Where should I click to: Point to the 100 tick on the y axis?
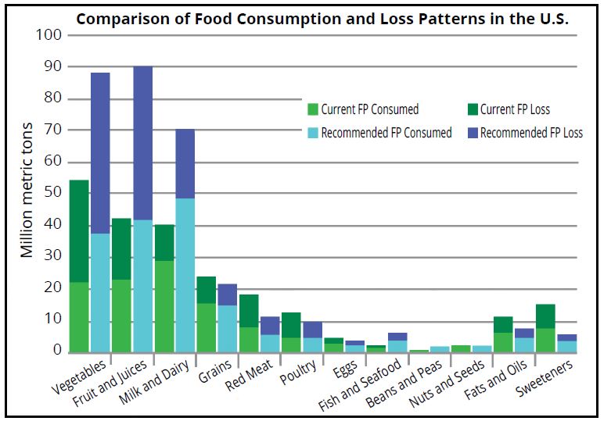49,35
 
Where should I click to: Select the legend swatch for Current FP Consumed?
313,109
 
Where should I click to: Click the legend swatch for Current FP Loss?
473,109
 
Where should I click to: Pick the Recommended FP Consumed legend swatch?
313,133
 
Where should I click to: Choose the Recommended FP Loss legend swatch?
473,133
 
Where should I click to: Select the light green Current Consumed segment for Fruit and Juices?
122,316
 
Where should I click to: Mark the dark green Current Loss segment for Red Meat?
249,311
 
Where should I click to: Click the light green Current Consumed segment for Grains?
206,327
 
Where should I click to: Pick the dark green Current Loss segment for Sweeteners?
545,316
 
